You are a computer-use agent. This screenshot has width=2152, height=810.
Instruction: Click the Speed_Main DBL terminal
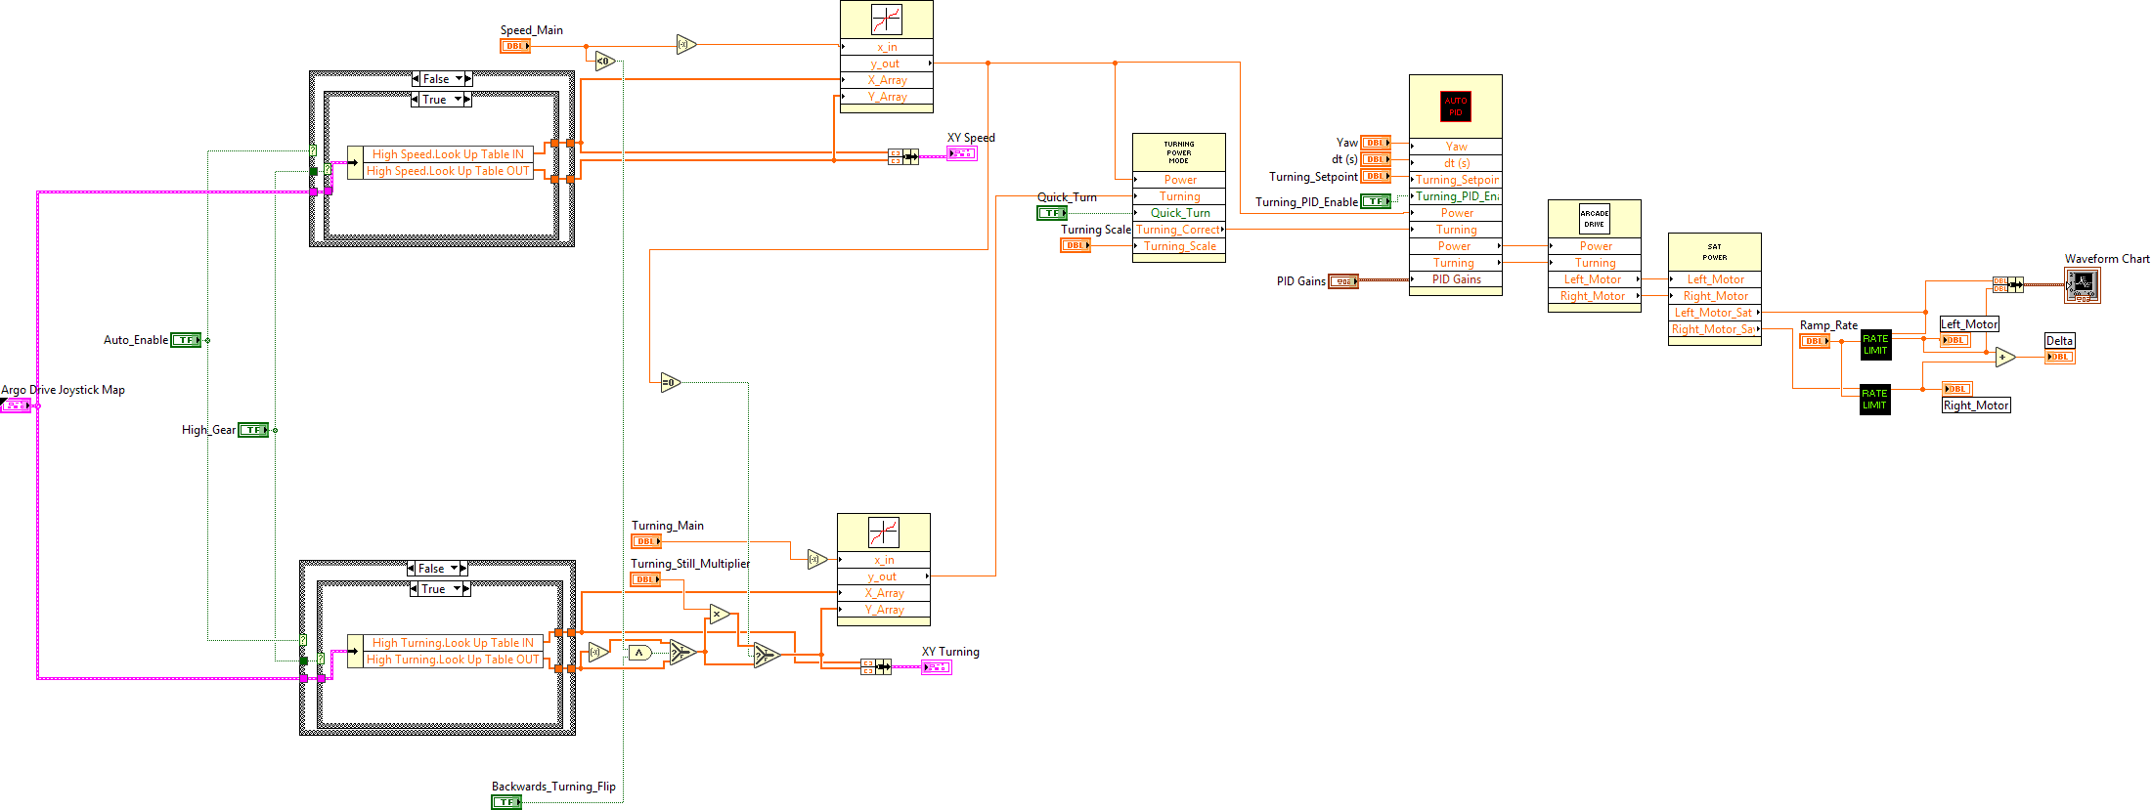tap(515, 46)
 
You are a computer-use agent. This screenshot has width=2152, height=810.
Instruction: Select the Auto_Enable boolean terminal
tap(186, 340)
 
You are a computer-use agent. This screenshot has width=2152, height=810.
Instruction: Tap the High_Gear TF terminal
tap(253, 430)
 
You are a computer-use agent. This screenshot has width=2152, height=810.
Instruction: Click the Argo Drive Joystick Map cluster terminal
tap(16, 405)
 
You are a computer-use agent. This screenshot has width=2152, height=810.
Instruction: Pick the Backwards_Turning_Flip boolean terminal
tap(505, 802)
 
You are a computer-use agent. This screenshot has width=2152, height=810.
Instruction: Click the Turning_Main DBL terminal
tap(646, 541)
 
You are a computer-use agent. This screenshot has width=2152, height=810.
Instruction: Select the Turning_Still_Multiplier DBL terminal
tap(645, 579)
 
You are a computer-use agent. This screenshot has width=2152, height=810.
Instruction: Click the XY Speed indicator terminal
tap(961, 154)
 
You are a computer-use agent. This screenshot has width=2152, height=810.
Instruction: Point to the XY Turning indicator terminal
tap(936, 667)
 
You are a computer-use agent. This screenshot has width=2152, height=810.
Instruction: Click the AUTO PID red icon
tap(1455, 107)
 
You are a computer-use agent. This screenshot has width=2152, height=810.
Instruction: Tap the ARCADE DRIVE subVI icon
tap(1594, 218)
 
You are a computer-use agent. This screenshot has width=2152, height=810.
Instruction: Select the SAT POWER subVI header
tap(1714, 252)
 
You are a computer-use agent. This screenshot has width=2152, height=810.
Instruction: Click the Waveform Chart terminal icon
tap(2082, 285)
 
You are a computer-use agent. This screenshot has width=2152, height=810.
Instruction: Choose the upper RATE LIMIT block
tap(1875, 345)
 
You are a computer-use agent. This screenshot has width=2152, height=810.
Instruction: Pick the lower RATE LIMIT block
tap(1874, 400)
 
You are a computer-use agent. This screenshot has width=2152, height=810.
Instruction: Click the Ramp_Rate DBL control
tap(1815, 341)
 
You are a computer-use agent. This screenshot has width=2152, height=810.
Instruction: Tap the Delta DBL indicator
tap(2060, 357)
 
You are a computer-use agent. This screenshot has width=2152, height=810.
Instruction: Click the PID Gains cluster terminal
tap(1343, 281)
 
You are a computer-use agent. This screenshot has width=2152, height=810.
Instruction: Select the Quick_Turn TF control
tap(1052, 213)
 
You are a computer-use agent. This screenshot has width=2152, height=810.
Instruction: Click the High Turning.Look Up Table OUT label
tap(453, 660)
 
